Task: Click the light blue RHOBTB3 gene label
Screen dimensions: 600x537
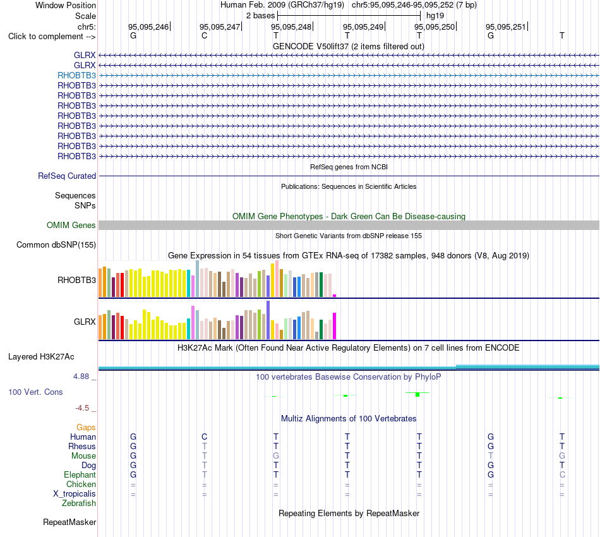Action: tap(76, 75)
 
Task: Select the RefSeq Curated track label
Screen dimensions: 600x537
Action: tap(66, 176)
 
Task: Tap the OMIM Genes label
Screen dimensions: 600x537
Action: tap(71, 225)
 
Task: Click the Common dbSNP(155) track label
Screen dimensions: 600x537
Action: tap(56, 244)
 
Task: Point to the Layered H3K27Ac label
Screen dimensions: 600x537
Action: tap(41, 357)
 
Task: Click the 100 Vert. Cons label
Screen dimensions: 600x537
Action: tap(35, 392)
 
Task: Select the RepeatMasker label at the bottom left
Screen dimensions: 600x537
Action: tap(69, 522)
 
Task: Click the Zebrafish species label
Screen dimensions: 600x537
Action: tap(79, 504)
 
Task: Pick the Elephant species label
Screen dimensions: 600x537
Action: tap(80, 474)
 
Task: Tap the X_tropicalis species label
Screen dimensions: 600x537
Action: tap(75, 494)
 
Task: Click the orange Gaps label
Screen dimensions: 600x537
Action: tap(86, 427)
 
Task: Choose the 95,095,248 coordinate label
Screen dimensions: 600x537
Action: tap(291, 27)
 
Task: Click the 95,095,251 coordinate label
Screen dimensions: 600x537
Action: tap(506, 27)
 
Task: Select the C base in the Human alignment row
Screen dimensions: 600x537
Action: tap(205, 437)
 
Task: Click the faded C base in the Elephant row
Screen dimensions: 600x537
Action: tap(562, 474)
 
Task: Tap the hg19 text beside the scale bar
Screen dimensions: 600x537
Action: tap(435, 16)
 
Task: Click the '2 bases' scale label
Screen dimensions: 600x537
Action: tap(260, 16)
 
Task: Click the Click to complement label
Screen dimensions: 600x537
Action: tap(52, 37)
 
